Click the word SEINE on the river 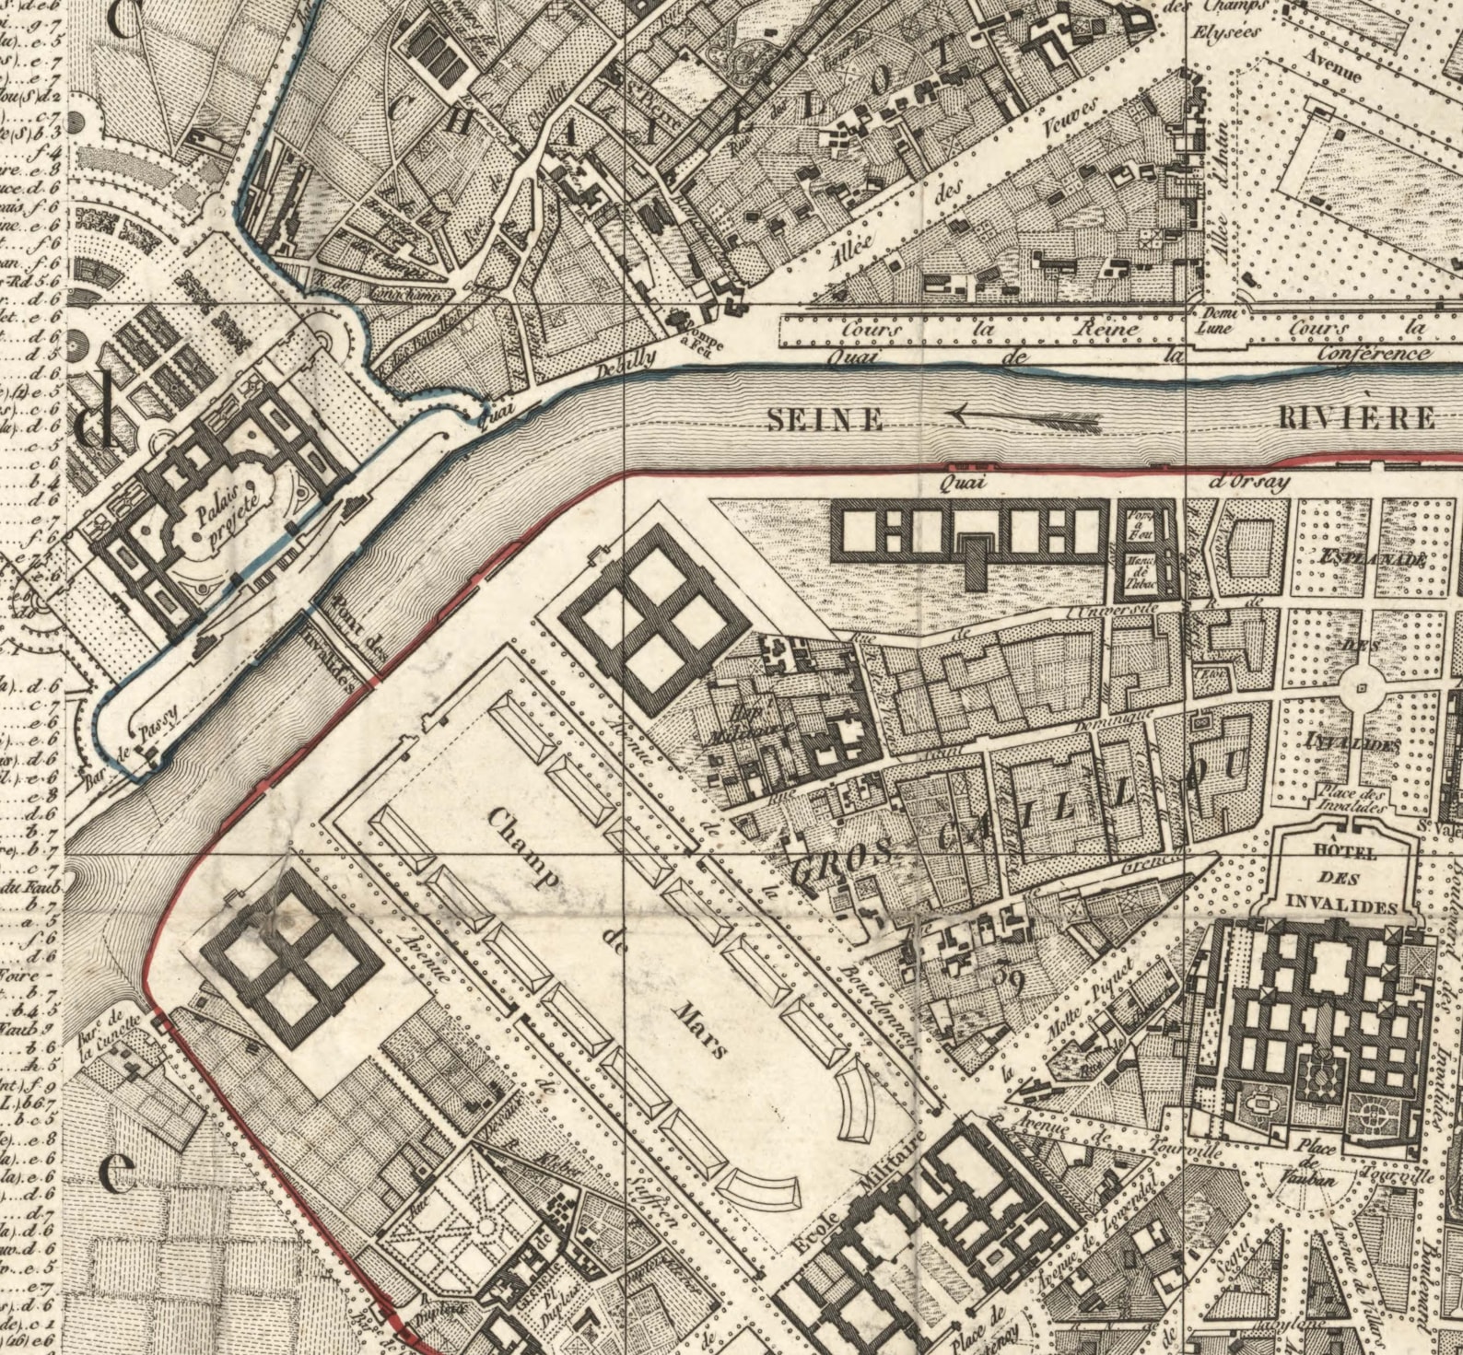tap(825, 421)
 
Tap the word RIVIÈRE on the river tap(1357, 418)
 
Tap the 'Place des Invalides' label tap(1352, 800)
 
